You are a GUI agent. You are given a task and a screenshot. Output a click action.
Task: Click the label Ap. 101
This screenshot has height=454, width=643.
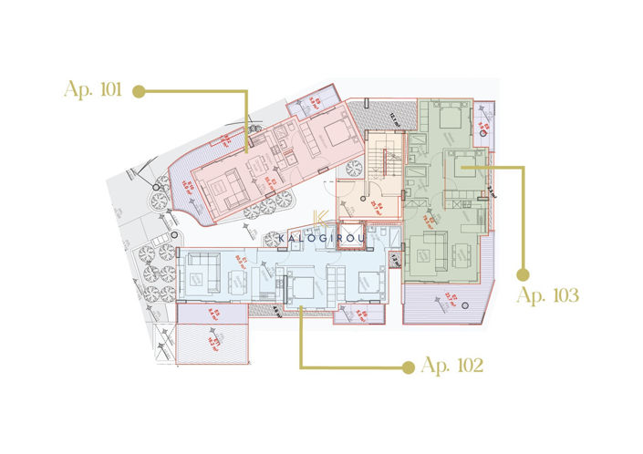click(95, 90)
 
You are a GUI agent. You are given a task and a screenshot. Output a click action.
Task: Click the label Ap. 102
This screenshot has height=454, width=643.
click(451, 366)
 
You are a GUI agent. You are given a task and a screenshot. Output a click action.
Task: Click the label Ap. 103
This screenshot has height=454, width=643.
click(548, 294)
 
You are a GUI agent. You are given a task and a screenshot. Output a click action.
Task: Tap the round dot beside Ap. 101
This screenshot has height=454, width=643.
click(140, 90)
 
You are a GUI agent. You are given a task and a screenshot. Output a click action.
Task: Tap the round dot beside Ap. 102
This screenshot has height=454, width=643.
click(407, 366)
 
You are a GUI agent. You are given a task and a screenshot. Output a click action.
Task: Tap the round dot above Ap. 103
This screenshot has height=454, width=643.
click(524, 273)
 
